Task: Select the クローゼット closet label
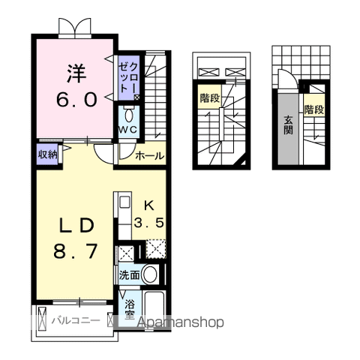pyautogui.click(x=128, y=76)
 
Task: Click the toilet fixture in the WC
pyautogui.click(x=128, y=115)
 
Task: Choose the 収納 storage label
pyautogui.click(x=48, y=154)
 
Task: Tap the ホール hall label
pyautogui.click(x=150, y=156)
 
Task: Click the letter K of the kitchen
pyautogui.click(x=148, y=204)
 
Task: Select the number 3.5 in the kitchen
pyautogui.click(x=148, y=222)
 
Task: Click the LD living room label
pyautogui.click(x=76, y=225)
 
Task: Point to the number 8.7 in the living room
pyautogui.click(x=76, y=251)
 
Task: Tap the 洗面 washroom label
pyautogui.click(x=129, y=275)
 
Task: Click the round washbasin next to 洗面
pyautogui.click(x=150, y=274)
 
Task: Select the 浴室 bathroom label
pyautogui.click(x=130, y=310)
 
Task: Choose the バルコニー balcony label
pyautogui.click(x=76, y=321)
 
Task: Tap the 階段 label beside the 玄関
pyautogui.click(x=314, y=109)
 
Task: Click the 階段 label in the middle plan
pyautogui.click(x=209, y=97)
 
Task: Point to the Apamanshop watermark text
pyautogui.click(x=177, y=322)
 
